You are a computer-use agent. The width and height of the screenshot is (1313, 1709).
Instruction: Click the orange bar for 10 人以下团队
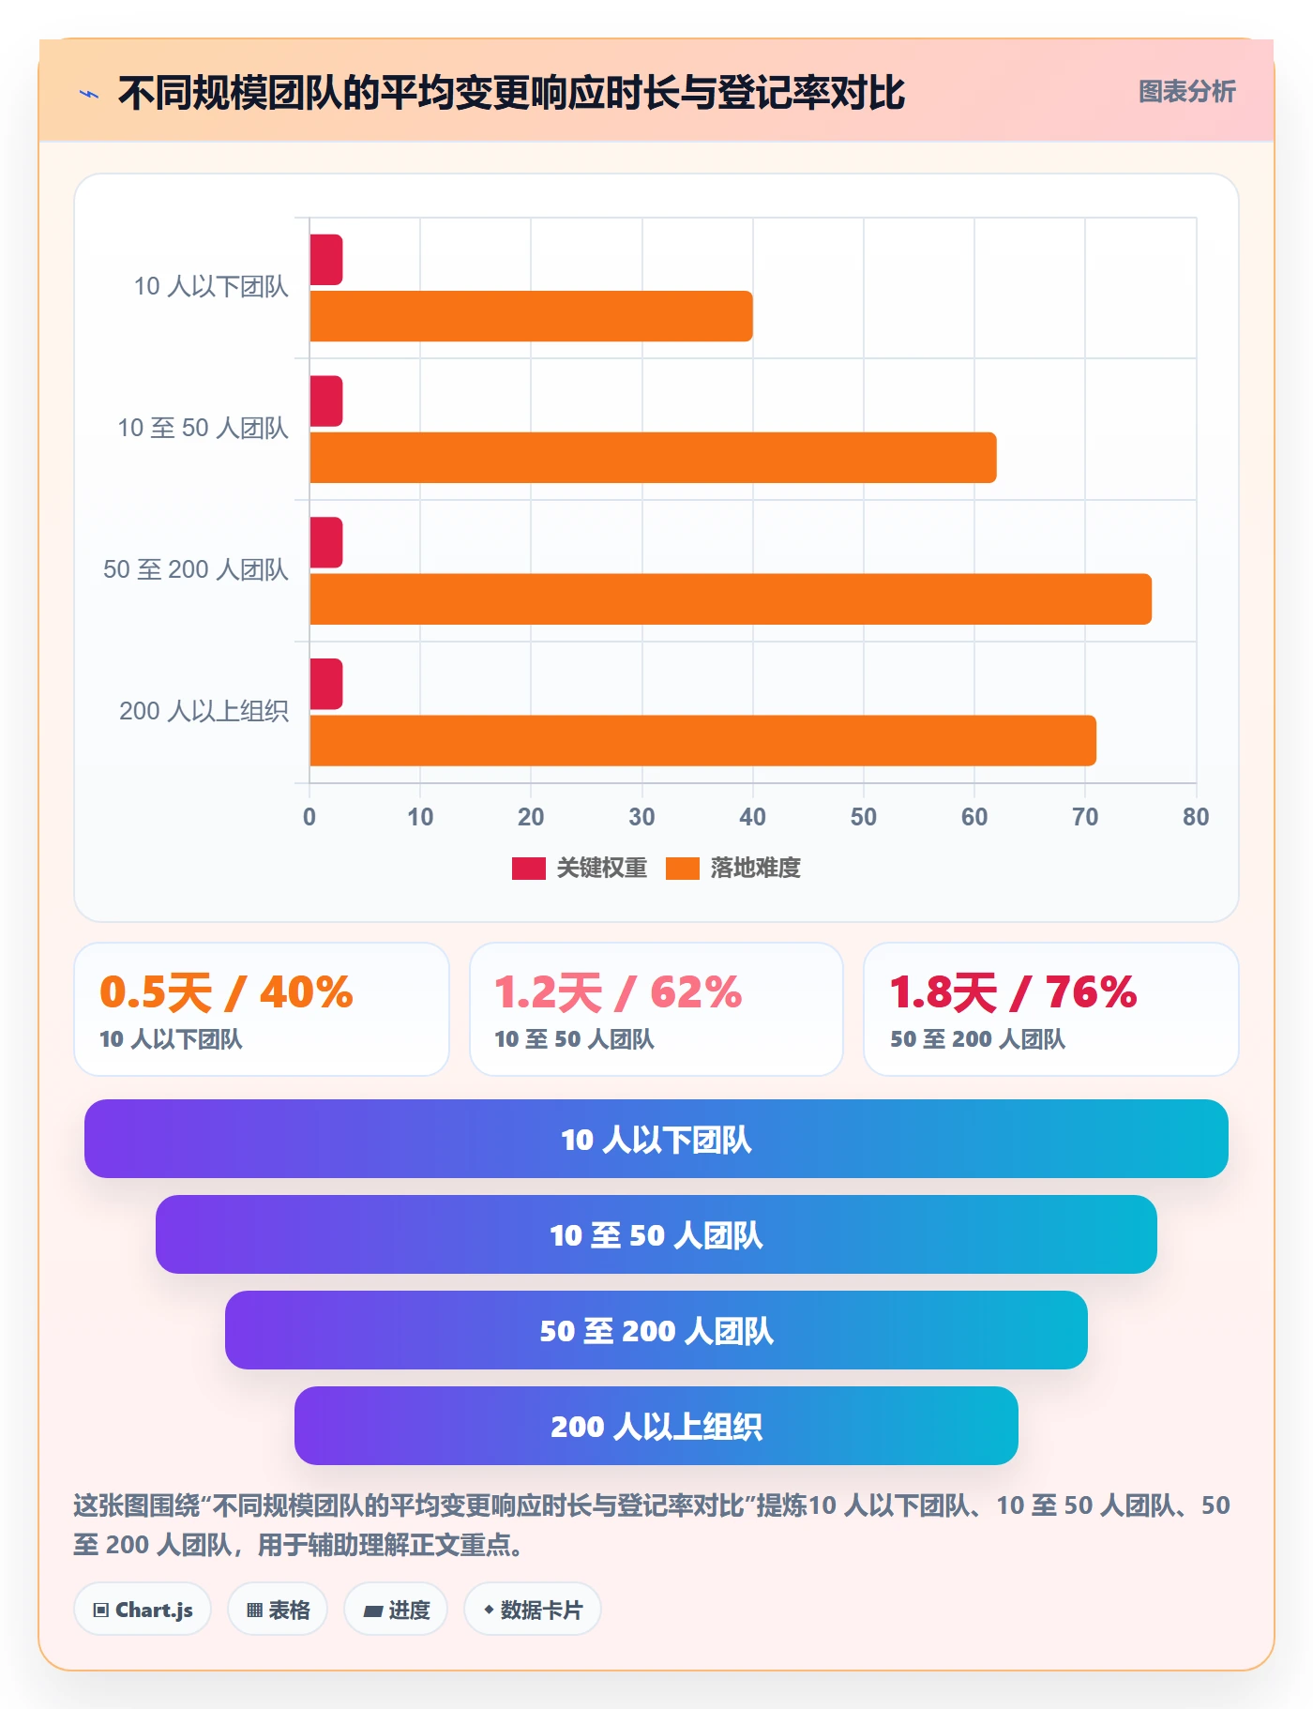pos(531,316)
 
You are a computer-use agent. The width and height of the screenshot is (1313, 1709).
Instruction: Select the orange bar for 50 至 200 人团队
pos(731,598)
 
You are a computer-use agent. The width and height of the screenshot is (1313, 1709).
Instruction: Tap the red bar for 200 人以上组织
pos(326,684)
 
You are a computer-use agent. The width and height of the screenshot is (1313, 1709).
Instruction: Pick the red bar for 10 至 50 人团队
pos(326,401)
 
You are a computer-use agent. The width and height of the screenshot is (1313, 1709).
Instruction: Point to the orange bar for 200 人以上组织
pos(702,740)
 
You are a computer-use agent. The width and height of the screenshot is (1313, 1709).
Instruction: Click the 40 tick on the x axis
pos(752,817)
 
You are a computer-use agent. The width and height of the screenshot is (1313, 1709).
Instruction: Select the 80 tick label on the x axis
pos(1196,817)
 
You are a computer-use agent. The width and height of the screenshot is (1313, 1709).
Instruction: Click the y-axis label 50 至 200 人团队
pos(196,569)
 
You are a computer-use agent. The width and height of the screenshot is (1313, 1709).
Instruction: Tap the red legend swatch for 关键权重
pos(528,869)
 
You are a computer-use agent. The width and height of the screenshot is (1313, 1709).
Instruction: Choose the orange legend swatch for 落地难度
pos(683,869)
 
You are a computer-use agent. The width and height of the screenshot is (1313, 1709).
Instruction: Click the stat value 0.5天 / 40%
pos(226,992)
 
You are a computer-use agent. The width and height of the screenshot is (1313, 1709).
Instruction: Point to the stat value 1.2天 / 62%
pos(618,992)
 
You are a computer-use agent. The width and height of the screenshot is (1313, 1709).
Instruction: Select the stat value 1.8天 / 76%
pos(1013,992)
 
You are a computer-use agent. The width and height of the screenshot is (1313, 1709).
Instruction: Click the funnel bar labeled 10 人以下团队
pos(656,1139)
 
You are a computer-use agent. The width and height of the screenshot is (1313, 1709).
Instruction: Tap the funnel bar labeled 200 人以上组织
pos(656,1426)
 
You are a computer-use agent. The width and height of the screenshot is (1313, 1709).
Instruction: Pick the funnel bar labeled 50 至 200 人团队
pos(656,1330)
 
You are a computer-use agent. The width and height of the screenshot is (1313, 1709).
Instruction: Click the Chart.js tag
pos(143,1610)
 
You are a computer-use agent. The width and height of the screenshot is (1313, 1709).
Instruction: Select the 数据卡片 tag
pos(533,1610)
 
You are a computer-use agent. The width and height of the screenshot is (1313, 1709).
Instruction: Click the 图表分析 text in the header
pos(1187,91)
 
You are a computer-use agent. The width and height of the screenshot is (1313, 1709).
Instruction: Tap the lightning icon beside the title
pos(89,94)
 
